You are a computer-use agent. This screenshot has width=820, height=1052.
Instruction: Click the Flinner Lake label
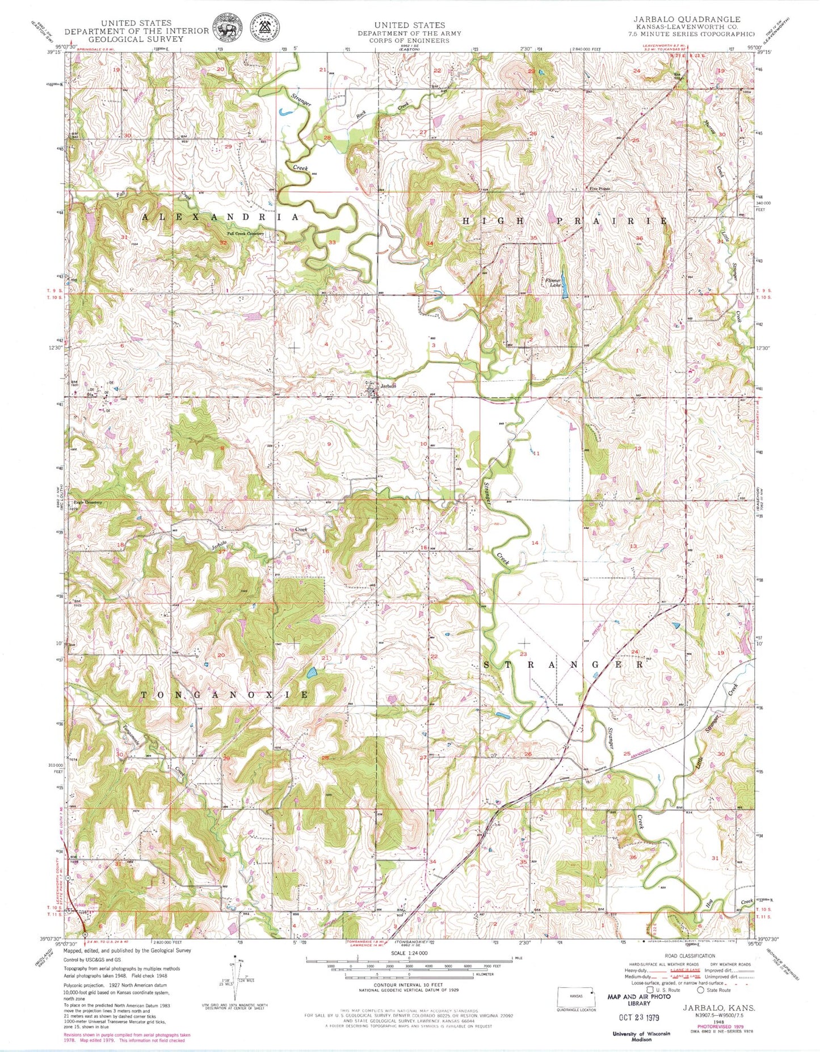click(x=553, y=283)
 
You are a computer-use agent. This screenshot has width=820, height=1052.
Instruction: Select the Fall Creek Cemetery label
click(x=245, y=233)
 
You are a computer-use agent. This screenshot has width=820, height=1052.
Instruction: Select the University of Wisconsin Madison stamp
click(x=641, y=1036)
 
